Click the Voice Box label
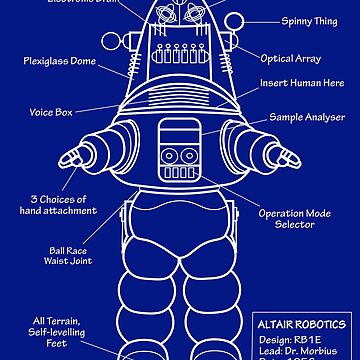(x=58, y=113)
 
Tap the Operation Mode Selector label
(x=307, y=218)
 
